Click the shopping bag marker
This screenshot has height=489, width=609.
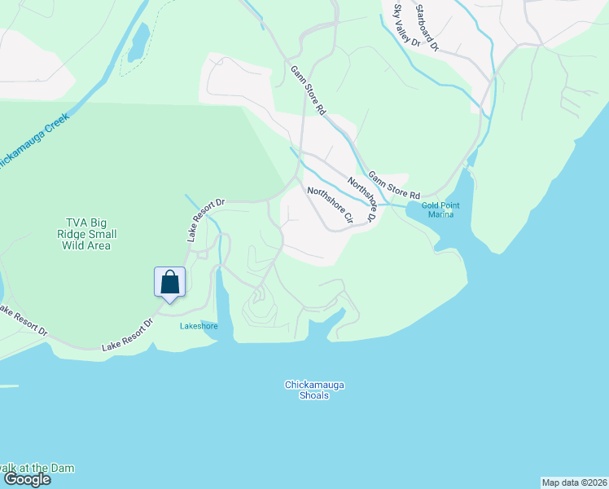170,283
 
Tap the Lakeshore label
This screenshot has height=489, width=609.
199,326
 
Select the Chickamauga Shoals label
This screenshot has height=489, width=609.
308,390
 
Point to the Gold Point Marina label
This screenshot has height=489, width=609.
440,209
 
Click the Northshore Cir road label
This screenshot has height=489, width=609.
330,205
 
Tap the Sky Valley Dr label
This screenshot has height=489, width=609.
406,25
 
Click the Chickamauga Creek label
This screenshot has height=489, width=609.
33,139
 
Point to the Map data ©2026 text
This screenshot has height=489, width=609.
574,482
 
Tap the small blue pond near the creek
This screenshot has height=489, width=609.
139,42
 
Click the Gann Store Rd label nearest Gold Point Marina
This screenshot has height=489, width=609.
393,185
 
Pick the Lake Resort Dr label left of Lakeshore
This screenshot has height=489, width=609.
127,336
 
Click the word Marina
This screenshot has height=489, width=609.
440,214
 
